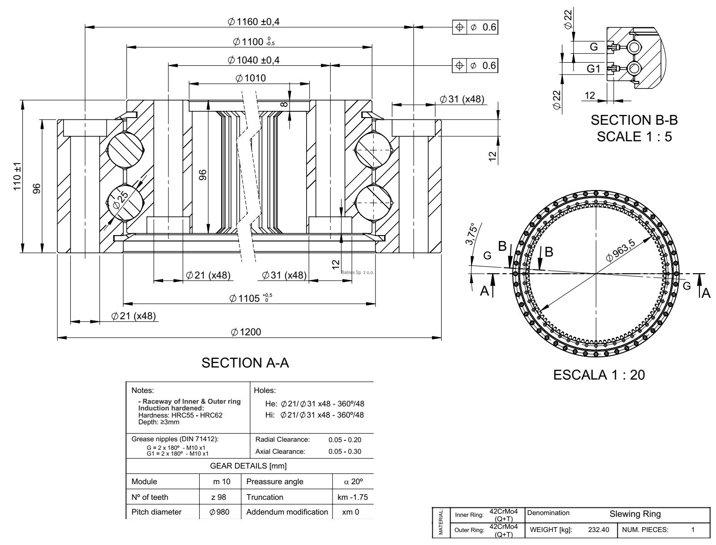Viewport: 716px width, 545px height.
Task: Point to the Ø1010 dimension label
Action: [250, 78]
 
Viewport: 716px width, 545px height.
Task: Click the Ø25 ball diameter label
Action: [121, 199]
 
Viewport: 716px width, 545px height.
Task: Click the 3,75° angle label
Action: [472, 235]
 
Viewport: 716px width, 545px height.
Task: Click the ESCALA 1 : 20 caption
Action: [599, 375]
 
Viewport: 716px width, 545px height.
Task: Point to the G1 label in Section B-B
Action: [593, 69]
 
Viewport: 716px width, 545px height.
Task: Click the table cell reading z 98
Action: [222, 497]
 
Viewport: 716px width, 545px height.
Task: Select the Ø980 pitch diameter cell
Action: [219, 512]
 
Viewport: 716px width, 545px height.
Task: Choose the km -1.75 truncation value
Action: [353, 497]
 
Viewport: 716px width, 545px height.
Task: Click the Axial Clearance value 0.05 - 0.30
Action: [345, 452]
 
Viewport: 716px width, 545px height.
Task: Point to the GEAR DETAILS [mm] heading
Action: [248, 466]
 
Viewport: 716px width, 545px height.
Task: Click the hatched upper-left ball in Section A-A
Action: [125, 150]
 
